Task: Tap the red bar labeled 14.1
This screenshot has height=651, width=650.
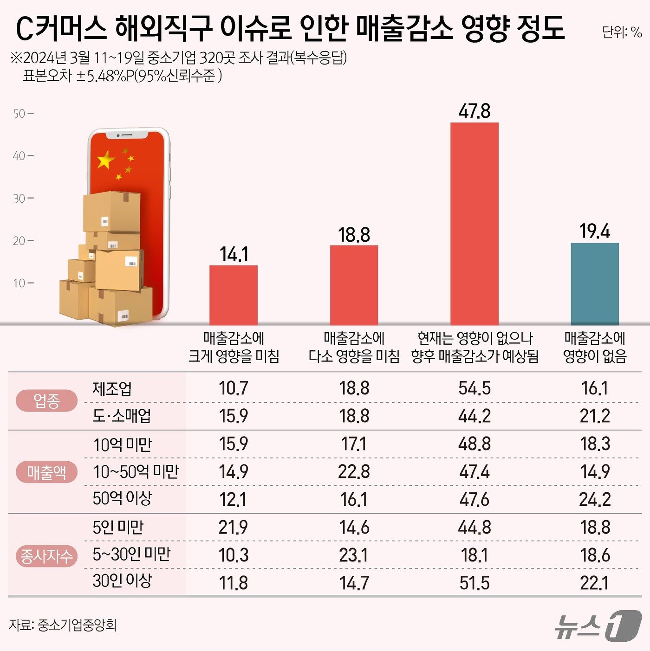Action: (234, 295)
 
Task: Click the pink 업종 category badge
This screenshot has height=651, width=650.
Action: (46, 401)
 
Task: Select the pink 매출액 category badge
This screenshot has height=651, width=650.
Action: (46, 472)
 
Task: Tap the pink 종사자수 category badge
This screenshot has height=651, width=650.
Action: (46, 556)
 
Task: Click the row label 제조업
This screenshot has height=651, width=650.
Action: (112, 388)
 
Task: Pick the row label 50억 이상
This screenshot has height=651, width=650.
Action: (122, 498)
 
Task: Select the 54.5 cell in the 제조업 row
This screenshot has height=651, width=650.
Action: (474, 388)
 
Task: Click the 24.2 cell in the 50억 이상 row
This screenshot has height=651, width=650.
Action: (595, 500)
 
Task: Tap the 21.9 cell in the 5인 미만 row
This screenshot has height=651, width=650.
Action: (234, 528)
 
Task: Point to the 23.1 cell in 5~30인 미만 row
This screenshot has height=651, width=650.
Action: (354, 555)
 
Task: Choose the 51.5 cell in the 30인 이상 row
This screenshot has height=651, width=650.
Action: (474, 583)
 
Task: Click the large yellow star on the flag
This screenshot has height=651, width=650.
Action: (106, 161)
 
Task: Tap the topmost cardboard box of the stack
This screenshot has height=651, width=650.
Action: (111, 211)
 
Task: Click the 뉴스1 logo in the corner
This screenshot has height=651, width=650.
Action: (599, 626)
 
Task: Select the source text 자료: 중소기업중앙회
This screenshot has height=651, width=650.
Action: (63, 625)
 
